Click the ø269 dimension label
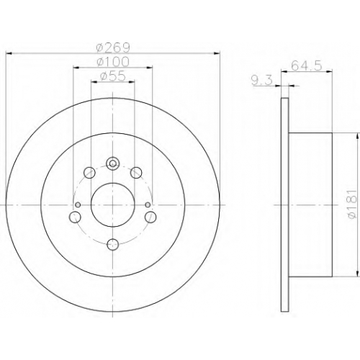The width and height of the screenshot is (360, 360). click(x=113, y=48)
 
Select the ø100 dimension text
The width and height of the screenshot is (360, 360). click(x=113, y=62)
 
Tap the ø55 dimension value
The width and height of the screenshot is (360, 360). click(x=113, y=76)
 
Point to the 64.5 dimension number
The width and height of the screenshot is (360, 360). click(x=306, y=66)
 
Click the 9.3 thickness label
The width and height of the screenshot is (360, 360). click(x=262, y=80)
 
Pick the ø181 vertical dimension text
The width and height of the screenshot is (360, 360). click(x=351, y=204)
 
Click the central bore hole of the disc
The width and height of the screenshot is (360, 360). click(x=112, y=204)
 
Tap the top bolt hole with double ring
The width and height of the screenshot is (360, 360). click(x=112, y=163)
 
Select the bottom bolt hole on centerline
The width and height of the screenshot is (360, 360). click(x=112, y=245)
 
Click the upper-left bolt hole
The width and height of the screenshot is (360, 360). click(x=89, y=172)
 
